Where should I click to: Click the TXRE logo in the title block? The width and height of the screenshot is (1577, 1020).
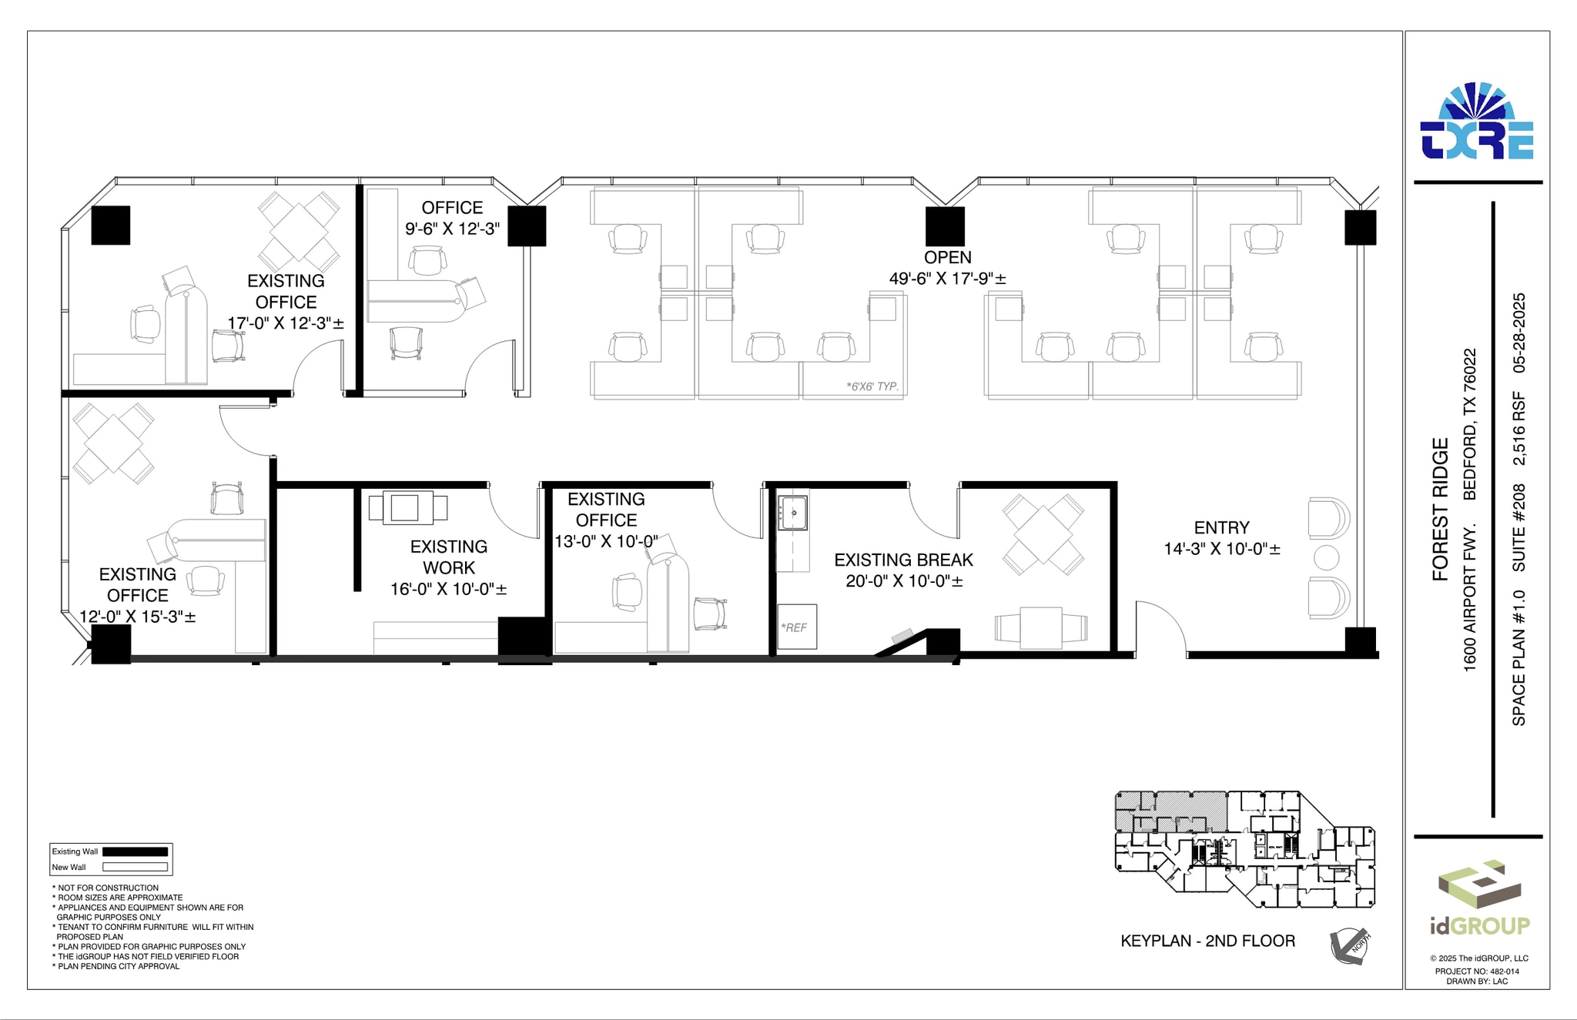tap(1477, 123)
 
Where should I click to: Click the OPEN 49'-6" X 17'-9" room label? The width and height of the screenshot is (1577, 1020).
tap(947, 268)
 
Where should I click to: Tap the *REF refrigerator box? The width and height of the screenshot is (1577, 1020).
tap(796, 627)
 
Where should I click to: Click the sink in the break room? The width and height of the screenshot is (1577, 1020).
tap(792, 513)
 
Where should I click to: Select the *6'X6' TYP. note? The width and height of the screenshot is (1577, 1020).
tap(872, 386)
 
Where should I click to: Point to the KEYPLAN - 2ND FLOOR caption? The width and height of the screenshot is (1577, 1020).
tap(1207, 941)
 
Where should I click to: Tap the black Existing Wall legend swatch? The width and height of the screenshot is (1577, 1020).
tap(135, 851)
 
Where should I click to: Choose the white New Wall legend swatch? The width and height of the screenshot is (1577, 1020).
tap(135, 867)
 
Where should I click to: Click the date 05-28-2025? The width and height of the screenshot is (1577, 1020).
tap(1518, 333)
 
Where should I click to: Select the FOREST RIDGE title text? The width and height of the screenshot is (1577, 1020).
tap(1440, 509)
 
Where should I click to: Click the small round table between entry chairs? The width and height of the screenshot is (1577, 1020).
tap(1326, 557)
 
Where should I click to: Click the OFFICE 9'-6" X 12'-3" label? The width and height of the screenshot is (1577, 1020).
tap(452, 218)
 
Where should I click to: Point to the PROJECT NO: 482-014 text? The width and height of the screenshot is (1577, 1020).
tap(1477, 972)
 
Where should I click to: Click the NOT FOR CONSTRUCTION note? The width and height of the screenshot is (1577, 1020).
tap(107, 888)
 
